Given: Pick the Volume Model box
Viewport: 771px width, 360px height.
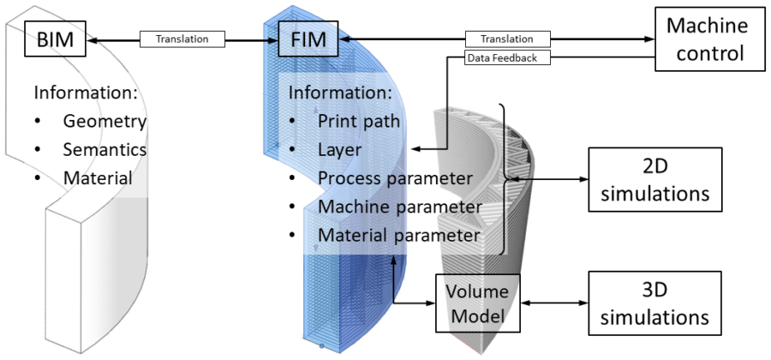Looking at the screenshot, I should pyautogui.click(x=478, y=302).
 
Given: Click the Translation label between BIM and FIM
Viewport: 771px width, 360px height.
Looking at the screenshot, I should pyautogui.click(x=182, y=39).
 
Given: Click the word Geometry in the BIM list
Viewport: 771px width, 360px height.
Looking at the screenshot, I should pyautogui.click(x=105, y=121).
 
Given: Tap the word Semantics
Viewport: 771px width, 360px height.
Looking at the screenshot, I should pyautogui.click(x=105, y=150).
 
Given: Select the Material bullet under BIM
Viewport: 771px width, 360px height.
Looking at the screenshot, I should pyautogui.click(x=97, y=179).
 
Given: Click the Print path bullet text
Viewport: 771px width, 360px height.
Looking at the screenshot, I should pyautogui.click(x=359, y=121).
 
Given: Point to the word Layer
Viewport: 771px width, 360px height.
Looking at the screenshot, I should pyautogui.click(x=338, y=150).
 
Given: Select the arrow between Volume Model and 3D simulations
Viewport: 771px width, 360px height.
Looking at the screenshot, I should pyautogui.click(x=556, y=302).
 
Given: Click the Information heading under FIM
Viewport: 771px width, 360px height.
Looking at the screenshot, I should pyautogui.click(x=340, y=92).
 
